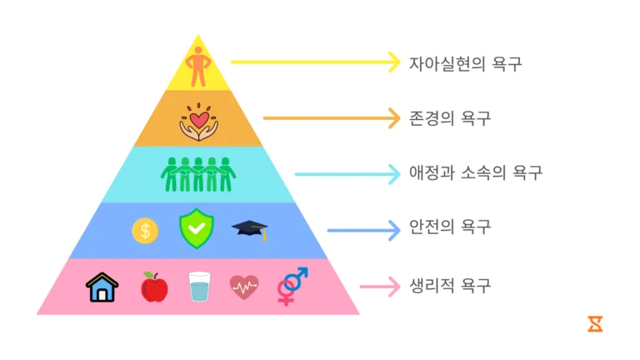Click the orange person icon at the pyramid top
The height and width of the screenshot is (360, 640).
(x=198, y=66)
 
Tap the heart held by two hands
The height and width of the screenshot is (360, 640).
(x=199, y=120)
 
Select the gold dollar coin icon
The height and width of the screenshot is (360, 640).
(x=145, y=231)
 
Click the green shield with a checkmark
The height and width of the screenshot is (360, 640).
(x=197, y=228)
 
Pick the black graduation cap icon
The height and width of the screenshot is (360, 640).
(x=250, y=229)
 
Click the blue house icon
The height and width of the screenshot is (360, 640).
(x=102, y=287)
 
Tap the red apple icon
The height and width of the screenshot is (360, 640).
(x=154, y=287)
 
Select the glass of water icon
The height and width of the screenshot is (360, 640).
(x=200, y=287)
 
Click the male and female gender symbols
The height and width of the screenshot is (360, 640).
(x=292, y=287)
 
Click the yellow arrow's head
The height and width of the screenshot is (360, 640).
(x=395, y=62)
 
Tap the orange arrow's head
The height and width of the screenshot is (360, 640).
(x=395, y=118)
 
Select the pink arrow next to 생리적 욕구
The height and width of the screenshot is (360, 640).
(x=380, y=287)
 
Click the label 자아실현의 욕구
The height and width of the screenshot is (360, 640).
(x=465, y=64)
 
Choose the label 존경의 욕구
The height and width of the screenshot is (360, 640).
(x=450, y=118)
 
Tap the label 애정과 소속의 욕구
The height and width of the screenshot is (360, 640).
(x=476, y=172)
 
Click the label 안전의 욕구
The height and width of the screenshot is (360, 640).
(x=450, y=227)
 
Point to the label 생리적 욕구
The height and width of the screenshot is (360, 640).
(x=450, y=285)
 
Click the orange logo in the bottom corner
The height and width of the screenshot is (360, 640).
(x=595, y=323)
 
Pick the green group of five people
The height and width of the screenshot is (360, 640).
(x=198, y=175)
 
